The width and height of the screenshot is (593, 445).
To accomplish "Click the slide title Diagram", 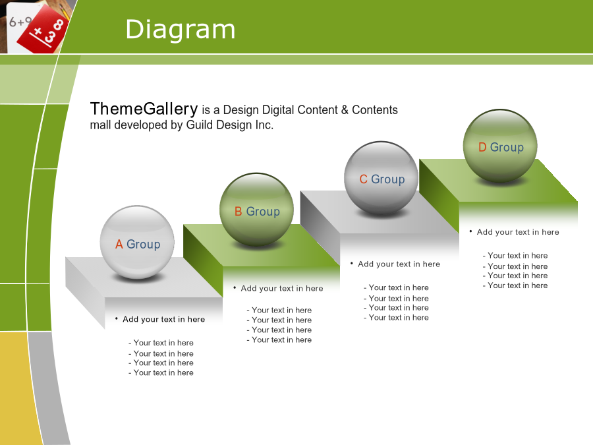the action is [x=181, y=29].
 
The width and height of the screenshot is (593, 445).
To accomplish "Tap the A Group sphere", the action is [x=137, y=243].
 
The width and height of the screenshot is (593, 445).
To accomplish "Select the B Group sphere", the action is [x=257, y=210].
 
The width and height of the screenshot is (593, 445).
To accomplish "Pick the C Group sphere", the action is [x=381, y=178].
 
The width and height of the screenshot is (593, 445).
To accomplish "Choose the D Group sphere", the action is [x=500, y=146].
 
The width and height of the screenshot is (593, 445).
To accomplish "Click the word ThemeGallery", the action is [x=144, y=109].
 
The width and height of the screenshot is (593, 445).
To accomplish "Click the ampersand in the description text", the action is [x=345, y=109].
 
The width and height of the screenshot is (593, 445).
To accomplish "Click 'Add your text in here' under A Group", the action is [x=164, y=319].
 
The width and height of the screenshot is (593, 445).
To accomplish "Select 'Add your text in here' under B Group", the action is [x=282, y=288].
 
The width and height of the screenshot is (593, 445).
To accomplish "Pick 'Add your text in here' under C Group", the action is [x=399, y=264].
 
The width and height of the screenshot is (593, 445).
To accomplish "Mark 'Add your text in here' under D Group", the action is [x=518, y=232].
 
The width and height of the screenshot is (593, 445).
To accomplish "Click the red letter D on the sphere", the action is [x=482, y=147].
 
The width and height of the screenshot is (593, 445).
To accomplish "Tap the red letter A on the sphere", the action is [x=119, y=245].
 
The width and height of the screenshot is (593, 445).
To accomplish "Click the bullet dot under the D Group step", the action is [x=470, y=231].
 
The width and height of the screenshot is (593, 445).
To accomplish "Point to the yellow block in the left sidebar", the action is [x=14, y=388].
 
